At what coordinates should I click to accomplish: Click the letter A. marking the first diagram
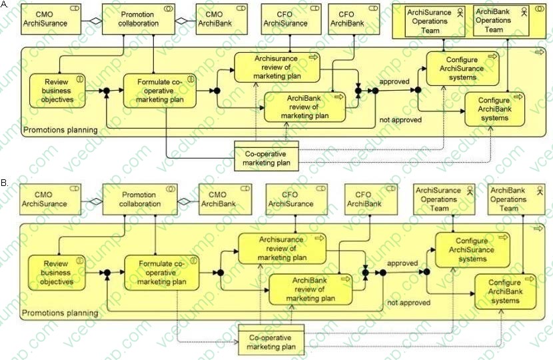5,4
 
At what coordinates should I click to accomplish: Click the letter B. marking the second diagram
5,181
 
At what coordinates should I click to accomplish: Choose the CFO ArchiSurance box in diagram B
288,199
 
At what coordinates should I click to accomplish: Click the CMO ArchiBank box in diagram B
223,199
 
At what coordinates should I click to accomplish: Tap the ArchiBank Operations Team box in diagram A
494,20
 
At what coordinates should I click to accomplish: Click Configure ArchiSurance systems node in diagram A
462,69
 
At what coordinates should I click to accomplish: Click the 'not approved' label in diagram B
408,303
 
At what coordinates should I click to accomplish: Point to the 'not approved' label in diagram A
400,120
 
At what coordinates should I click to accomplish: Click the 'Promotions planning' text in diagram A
60,129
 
